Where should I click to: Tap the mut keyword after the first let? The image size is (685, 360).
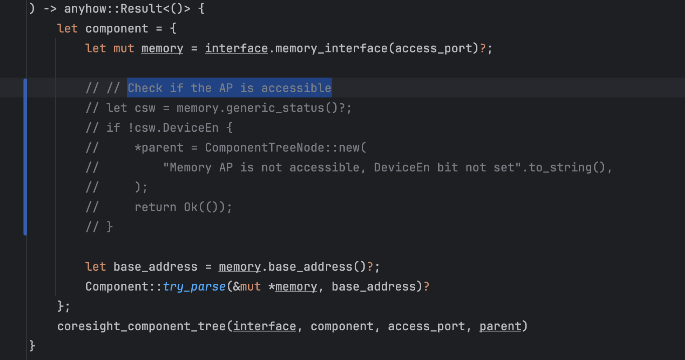pyautogui.click(x=124, y=48)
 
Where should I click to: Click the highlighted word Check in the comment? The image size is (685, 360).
pyautogui.click(x=145, y=88)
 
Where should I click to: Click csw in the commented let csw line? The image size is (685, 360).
pyautogui.click(x=145, y=108)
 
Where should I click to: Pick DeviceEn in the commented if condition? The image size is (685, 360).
pyautogui.click(x=190, y=128)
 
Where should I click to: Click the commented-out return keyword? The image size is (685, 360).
pyautogui.click(x=155, y=208)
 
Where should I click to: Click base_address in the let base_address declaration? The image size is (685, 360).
pyautogui.click(x=155, y=267)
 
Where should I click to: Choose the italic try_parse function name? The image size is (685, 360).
pyautogui.click(x=194, y=287)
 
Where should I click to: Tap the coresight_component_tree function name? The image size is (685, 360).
pyautogui.click(x=141, y=327)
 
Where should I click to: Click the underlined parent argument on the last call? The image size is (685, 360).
pyautogui.click(x=500, y=327)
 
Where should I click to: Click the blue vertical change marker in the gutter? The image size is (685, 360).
pyautogui.click(x=25, y=157)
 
